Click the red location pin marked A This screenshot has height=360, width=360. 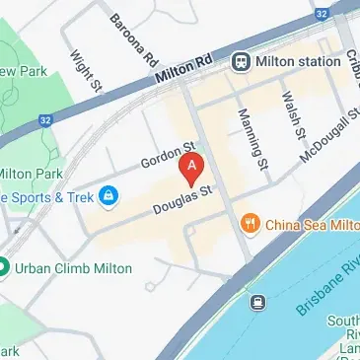point(193,168)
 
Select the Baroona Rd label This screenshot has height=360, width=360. point(133,40)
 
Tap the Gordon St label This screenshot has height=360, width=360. point(168,154)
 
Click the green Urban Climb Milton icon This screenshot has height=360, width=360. point(4,267)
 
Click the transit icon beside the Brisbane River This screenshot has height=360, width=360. point(258,302)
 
